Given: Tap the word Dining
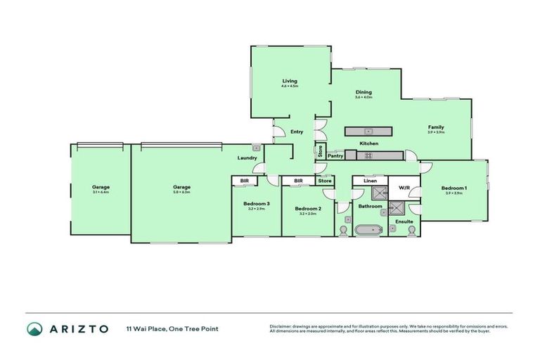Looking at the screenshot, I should [364, 92].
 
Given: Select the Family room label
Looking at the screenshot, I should [437, 127].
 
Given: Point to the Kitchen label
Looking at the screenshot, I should [369, 143].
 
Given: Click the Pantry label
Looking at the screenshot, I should [335, 155].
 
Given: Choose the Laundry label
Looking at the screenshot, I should [247, 157].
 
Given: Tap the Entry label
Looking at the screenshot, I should [296, 131].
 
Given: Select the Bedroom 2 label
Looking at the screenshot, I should [308, 208].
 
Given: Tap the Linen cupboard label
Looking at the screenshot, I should [370, 181].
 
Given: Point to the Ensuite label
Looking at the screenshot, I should [404, 221].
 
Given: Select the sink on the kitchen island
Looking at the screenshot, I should [367, 131].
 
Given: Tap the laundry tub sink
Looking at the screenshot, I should [257, 148].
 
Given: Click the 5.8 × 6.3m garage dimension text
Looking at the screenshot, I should [182, 192].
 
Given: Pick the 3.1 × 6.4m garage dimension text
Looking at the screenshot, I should [101, 192].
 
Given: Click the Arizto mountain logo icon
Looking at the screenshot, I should [34, 329].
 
